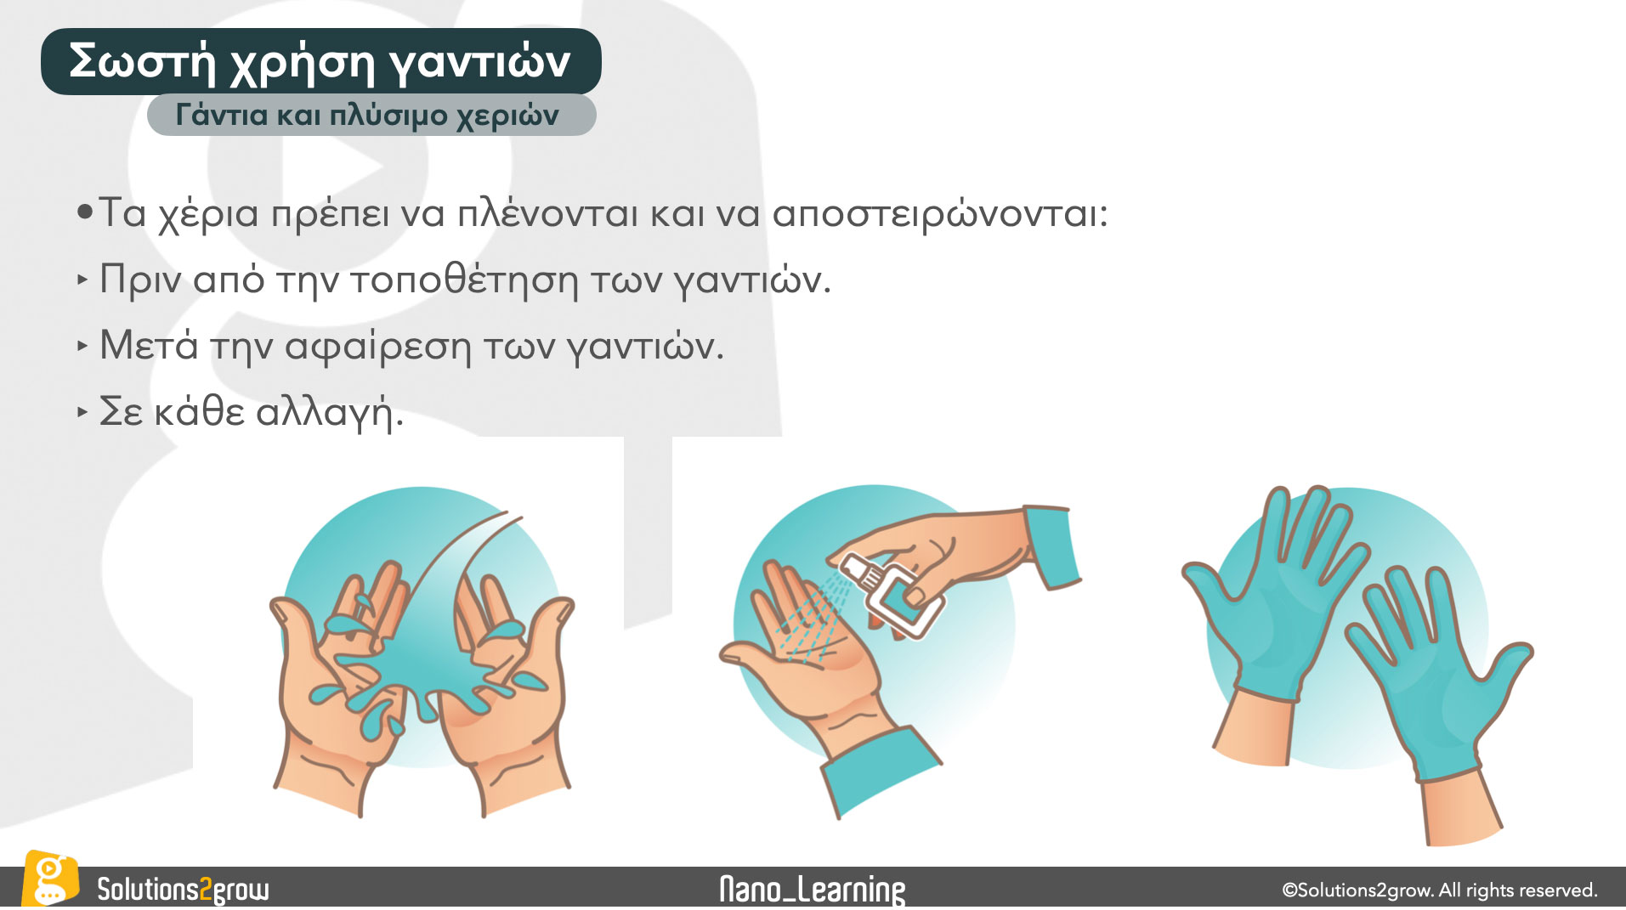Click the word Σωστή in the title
143,61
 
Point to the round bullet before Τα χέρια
84,212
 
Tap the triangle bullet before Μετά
82,346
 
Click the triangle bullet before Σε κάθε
82,412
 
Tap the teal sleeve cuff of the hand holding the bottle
1052,545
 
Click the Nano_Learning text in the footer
812,890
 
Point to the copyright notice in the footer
1440,890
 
